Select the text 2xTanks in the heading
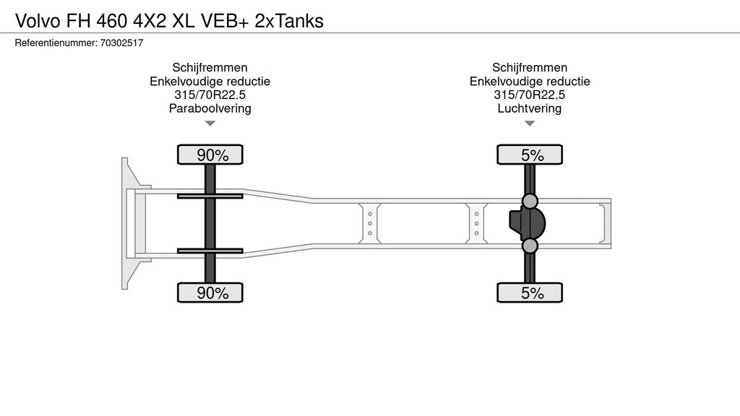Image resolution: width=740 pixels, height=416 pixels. (x=289, y=21)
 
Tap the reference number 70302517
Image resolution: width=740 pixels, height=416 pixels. (x=121, y=43)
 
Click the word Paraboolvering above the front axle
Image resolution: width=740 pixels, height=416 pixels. (x=210, y=108)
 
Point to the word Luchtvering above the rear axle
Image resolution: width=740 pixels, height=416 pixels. (x=530, y=108)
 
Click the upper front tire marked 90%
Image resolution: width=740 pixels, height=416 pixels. (x=210, y=155)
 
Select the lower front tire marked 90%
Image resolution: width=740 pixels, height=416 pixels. (x=210, y=292)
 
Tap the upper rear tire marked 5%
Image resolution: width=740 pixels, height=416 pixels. (x=530, y=155)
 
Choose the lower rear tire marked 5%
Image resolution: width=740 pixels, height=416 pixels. (x=530, y=292)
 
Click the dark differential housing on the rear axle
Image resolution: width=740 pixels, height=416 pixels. (x=527, y=224)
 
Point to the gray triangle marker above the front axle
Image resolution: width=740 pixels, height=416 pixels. (x=210, y=123)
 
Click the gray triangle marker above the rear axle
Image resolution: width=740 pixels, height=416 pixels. (x=530, y=123)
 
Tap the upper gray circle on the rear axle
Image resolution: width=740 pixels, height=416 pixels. (x=530, y=201)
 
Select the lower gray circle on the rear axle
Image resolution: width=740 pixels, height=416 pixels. (x=530, y=246)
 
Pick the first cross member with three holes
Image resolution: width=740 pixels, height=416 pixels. (x=370, y=224)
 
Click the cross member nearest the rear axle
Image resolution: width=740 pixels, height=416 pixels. (x=477, y=224)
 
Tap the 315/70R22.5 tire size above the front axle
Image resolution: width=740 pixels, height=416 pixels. (x=210, y=95)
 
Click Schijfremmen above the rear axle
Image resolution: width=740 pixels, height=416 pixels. (x=530, y=67)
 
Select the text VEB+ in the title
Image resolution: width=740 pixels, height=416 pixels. (x=224, y=21)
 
